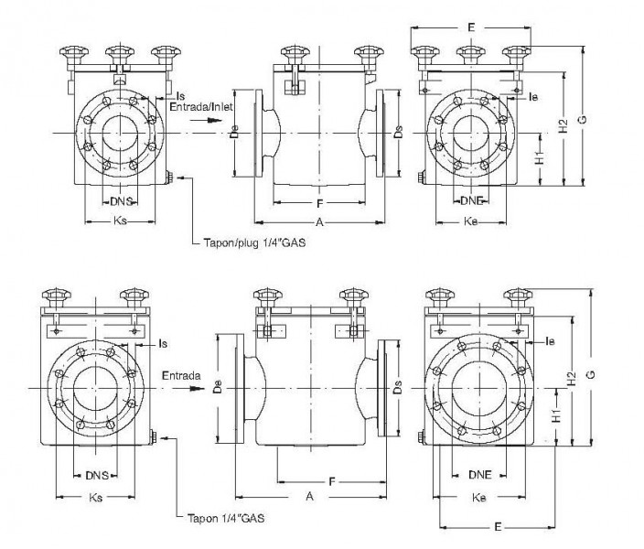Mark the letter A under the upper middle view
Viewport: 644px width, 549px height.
point(318,222)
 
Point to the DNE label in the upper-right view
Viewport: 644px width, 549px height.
point(472,200)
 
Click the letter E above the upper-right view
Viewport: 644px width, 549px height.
point(470,28)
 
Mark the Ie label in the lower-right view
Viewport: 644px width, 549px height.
point(550,342)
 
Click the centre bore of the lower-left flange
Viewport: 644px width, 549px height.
point(96,388)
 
